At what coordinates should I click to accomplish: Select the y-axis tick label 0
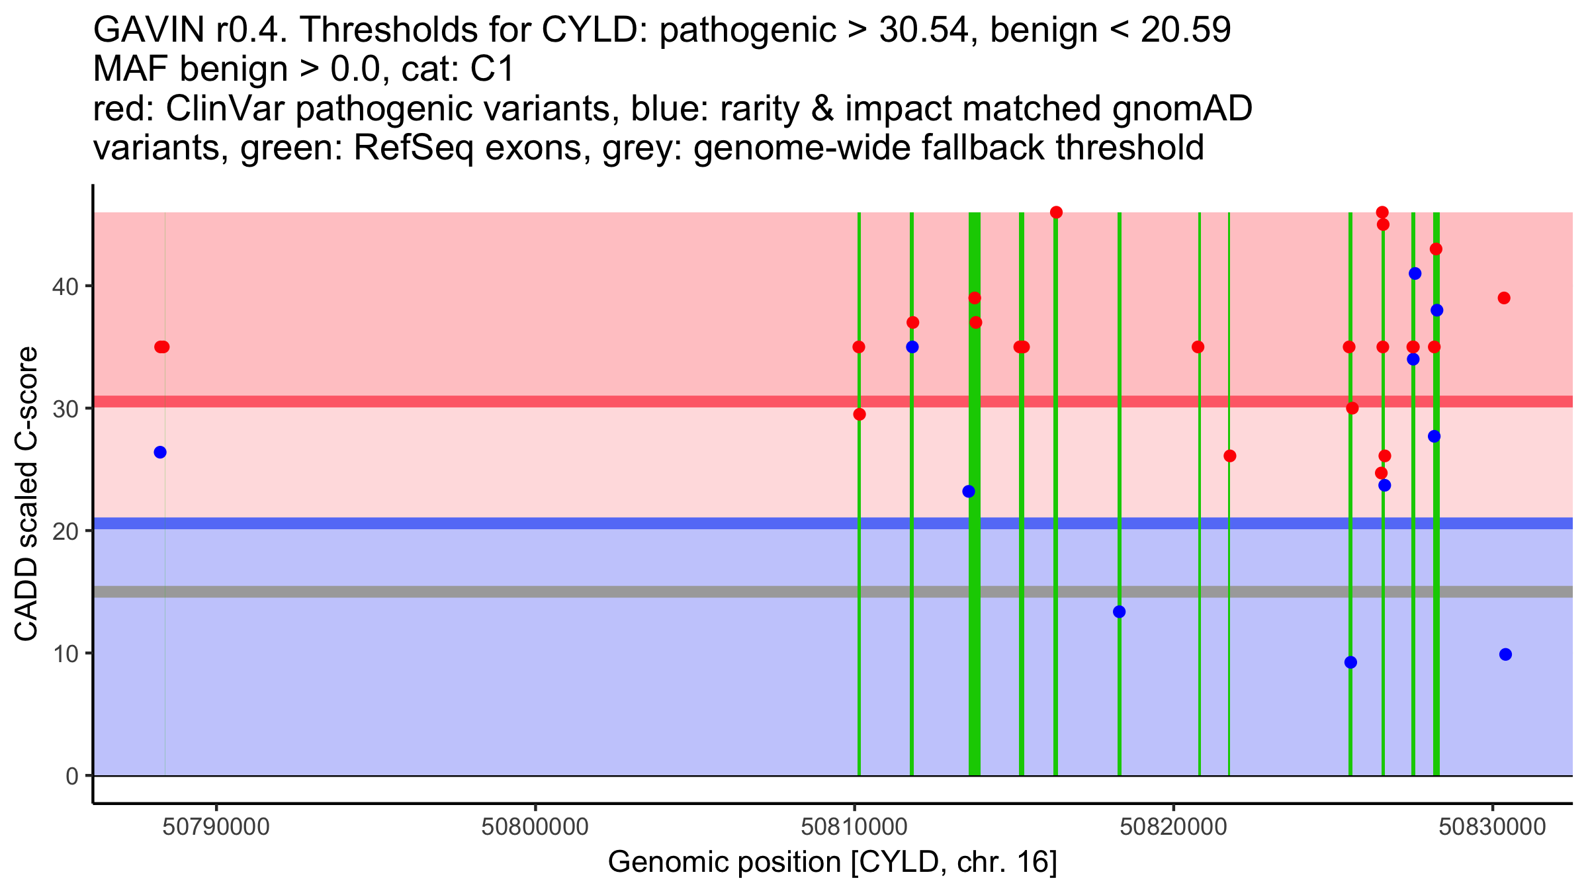click(72, 776)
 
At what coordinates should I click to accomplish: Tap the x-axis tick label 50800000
click(535, 827)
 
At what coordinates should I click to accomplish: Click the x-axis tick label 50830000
click(1492, 827)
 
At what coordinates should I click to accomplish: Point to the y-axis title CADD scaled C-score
click(26, 494)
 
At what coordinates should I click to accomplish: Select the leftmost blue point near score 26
click(160, 452)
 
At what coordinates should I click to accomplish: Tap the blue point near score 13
click(1119, 612)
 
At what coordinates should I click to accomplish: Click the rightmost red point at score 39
click(1504, 298)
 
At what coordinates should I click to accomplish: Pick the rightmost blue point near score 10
click(1505, 655)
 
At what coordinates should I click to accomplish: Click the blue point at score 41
click(1415, 274)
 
